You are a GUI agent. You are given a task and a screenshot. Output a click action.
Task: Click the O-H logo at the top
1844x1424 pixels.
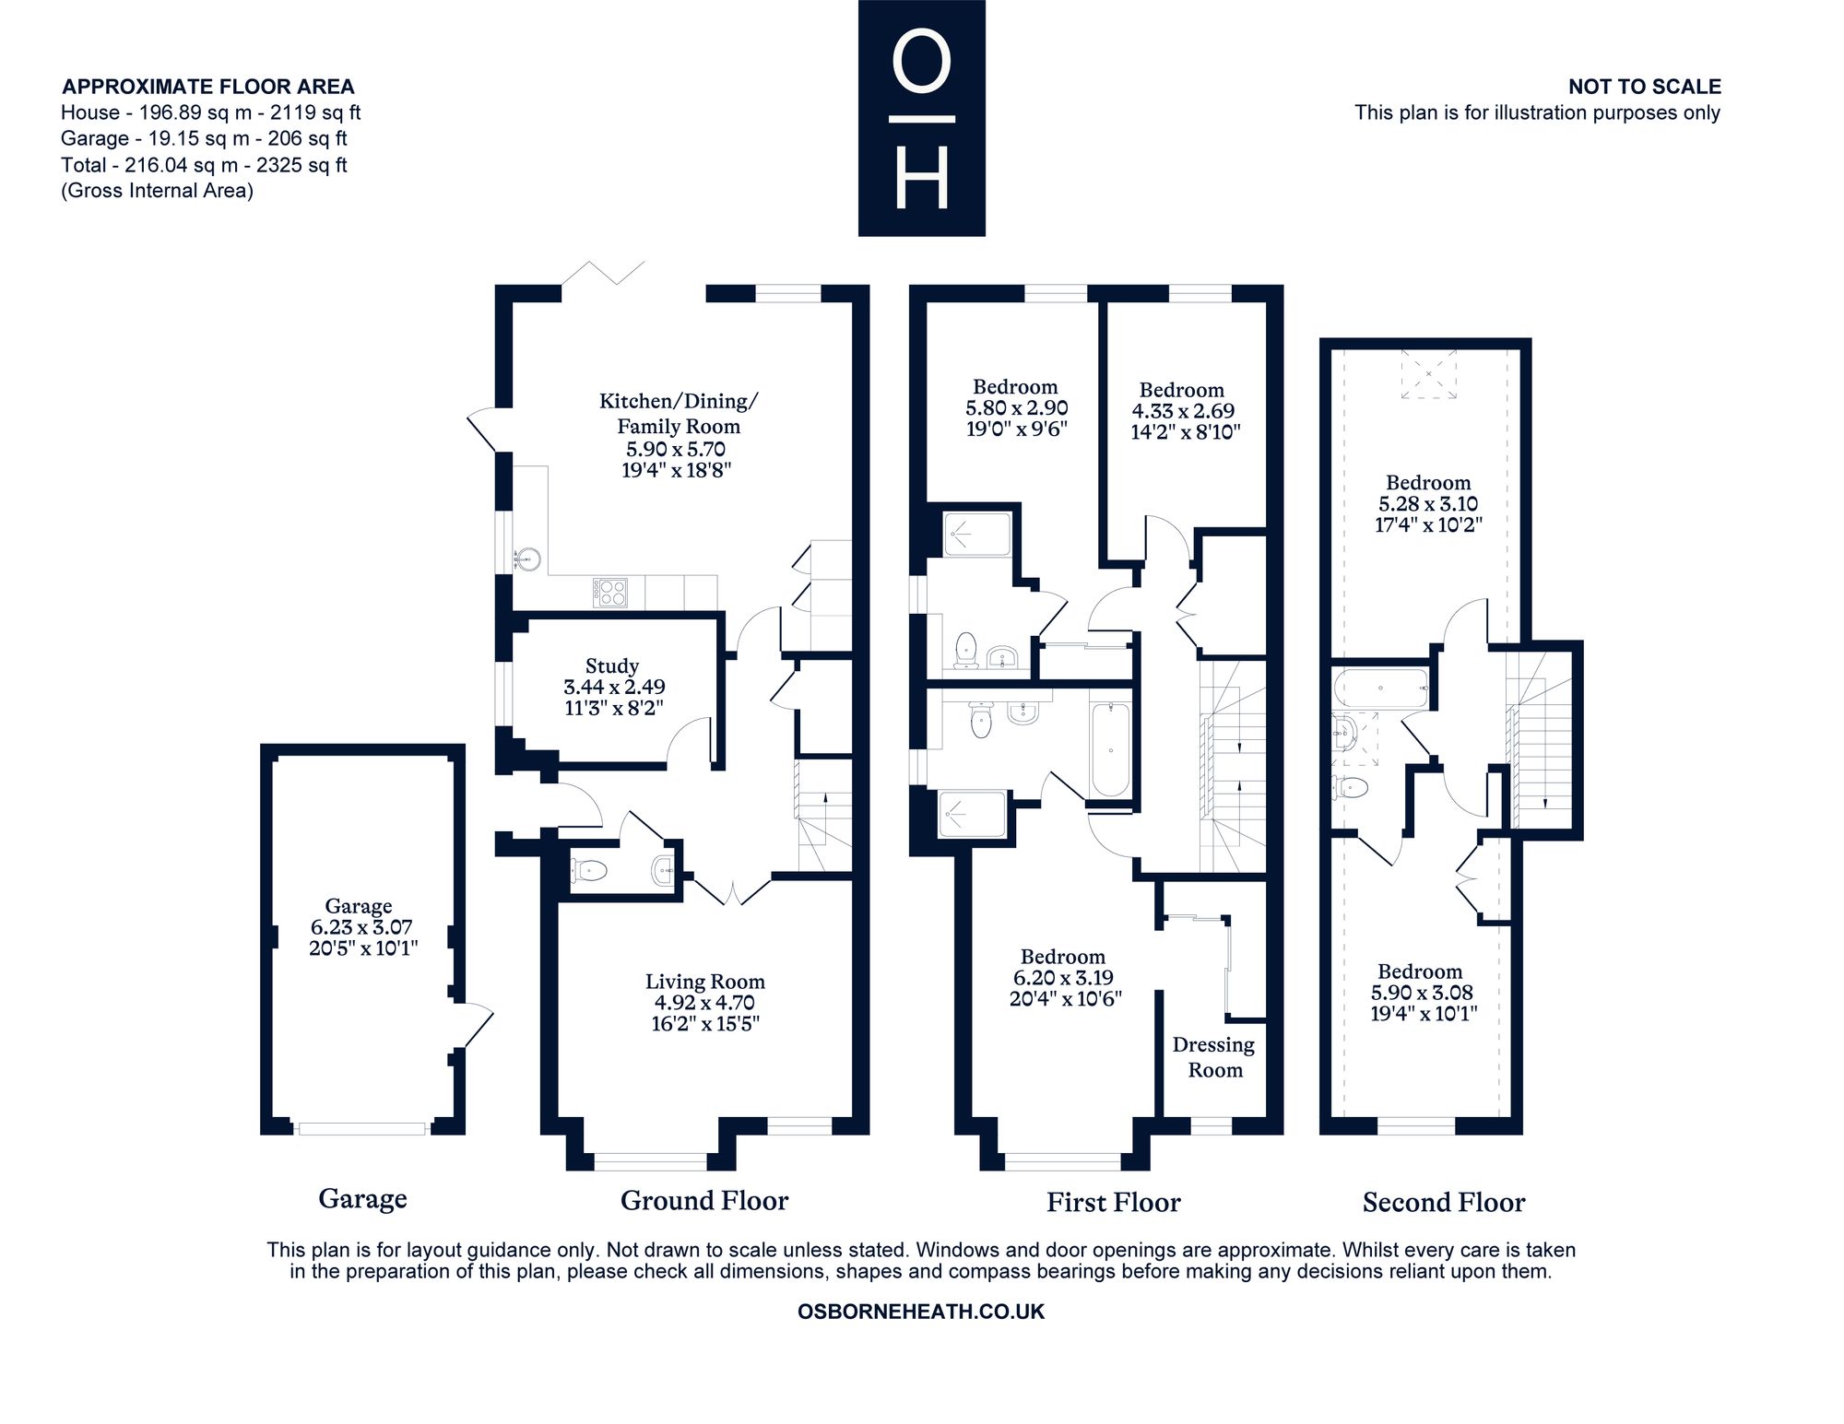point(921,118)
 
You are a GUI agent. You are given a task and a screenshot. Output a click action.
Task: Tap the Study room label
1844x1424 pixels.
point(612,665)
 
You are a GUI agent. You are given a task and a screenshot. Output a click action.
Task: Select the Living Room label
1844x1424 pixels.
point(705,982)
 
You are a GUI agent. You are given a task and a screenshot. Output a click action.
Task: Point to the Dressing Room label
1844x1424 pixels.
point(1214,1057)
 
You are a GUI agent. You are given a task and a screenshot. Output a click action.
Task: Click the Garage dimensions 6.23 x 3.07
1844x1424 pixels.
point(361,927)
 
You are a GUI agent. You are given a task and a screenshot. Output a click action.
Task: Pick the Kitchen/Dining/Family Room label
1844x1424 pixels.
point(679,413)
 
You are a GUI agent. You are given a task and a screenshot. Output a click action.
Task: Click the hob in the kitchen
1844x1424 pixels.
point(609,592)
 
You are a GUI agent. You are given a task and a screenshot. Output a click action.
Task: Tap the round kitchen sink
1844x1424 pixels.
point(526,559)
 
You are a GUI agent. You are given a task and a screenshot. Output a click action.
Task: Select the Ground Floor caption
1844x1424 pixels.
point(704,1200)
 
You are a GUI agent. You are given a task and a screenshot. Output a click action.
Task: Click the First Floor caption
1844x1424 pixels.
point(1113,1202)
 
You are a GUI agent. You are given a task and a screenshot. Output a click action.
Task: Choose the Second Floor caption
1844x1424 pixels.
point(1444,1202)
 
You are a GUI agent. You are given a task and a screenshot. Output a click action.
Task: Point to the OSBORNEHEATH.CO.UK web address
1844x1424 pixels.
point(921,1312)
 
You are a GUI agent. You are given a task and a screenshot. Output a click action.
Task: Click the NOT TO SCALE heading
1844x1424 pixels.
point(1645,87)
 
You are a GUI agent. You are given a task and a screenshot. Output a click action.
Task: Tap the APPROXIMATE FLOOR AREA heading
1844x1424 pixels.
point(208,87)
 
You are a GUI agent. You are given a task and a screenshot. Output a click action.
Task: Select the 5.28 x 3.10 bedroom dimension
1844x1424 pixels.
point(1428,504)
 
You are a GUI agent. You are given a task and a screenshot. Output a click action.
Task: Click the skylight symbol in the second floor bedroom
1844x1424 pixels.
point(1429,373)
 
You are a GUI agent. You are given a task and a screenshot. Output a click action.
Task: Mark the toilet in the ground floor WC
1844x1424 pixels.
point(589,869)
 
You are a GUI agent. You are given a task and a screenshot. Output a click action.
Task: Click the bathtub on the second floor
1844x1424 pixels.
point(1381,688)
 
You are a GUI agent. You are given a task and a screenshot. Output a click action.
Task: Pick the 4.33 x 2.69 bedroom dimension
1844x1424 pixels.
point(1183,411)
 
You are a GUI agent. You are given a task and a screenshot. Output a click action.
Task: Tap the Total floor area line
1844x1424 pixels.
point(204,165)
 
